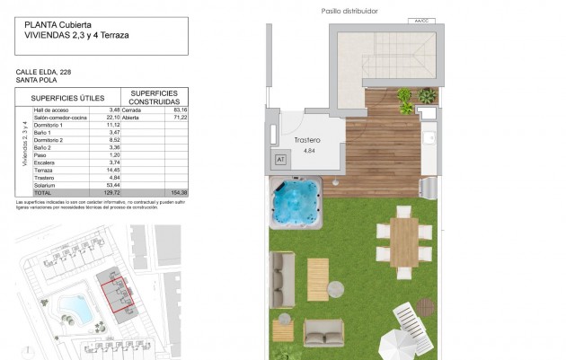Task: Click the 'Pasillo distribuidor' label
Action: click(x=349, y=11)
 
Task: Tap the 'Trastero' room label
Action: click(x=309, y=141)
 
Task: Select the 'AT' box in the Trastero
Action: click(x=279, y=159)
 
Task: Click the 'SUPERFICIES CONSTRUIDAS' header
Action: click(x=154, y=97)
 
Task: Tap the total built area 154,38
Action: click(x=178, y=192)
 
